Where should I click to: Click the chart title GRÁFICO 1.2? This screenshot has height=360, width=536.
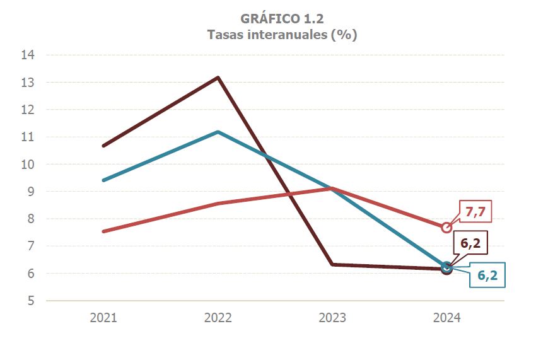(x=282, y=18)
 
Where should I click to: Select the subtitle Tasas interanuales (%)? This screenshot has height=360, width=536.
(x=282, y=35)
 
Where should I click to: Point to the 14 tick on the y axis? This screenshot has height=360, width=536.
(x=28, y=55)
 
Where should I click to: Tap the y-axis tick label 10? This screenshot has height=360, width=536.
(x=28, y=165)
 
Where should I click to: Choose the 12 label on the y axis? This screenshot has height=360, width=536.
(x=28, y=110)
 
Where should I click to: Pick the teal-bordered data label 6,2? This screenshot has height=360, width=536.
(x=487, y=276)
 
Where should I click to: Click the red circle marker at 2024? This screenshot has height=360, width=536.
(x=446, y=228)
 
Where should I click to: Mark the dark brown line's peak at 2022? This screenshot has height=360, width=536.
(x=218, y=78)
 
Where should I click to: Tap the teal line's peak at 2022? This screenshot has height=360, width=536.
(x=218, y=132)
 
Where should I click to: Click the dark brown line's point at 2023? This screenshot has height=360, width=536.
(x=332, y=265)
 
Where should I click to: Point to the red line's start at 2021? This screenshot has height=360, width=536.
(x=103, y=231)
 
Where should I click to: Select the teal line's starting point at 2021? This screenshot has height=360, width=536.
(x=103, y=180)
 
